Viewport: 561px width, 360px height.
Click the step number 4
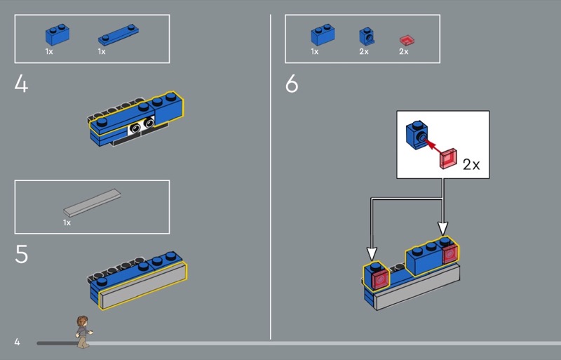tap(21, 84)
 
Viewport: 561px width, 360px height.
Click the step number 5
tap(22, 254)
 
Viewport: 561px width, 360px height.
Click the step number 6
tap(292, 84)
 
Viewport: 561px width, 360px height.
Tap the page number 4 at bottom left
tap(17, 342)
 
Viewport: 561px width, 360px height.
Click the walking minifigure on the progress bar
tap(83, 331)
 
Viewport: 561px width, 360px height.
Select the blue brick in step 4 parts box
tap(57, 35)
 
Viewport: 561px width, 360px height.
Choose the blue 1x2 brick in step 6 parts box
tap(323, 35)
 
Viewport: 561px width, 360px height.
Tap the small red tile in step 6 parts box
tap(405, 37)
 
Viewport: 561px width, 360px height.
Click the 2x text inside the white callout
tap(471, 165)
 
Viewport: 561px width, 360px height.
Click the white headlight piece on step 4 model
tap(141, 126)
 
